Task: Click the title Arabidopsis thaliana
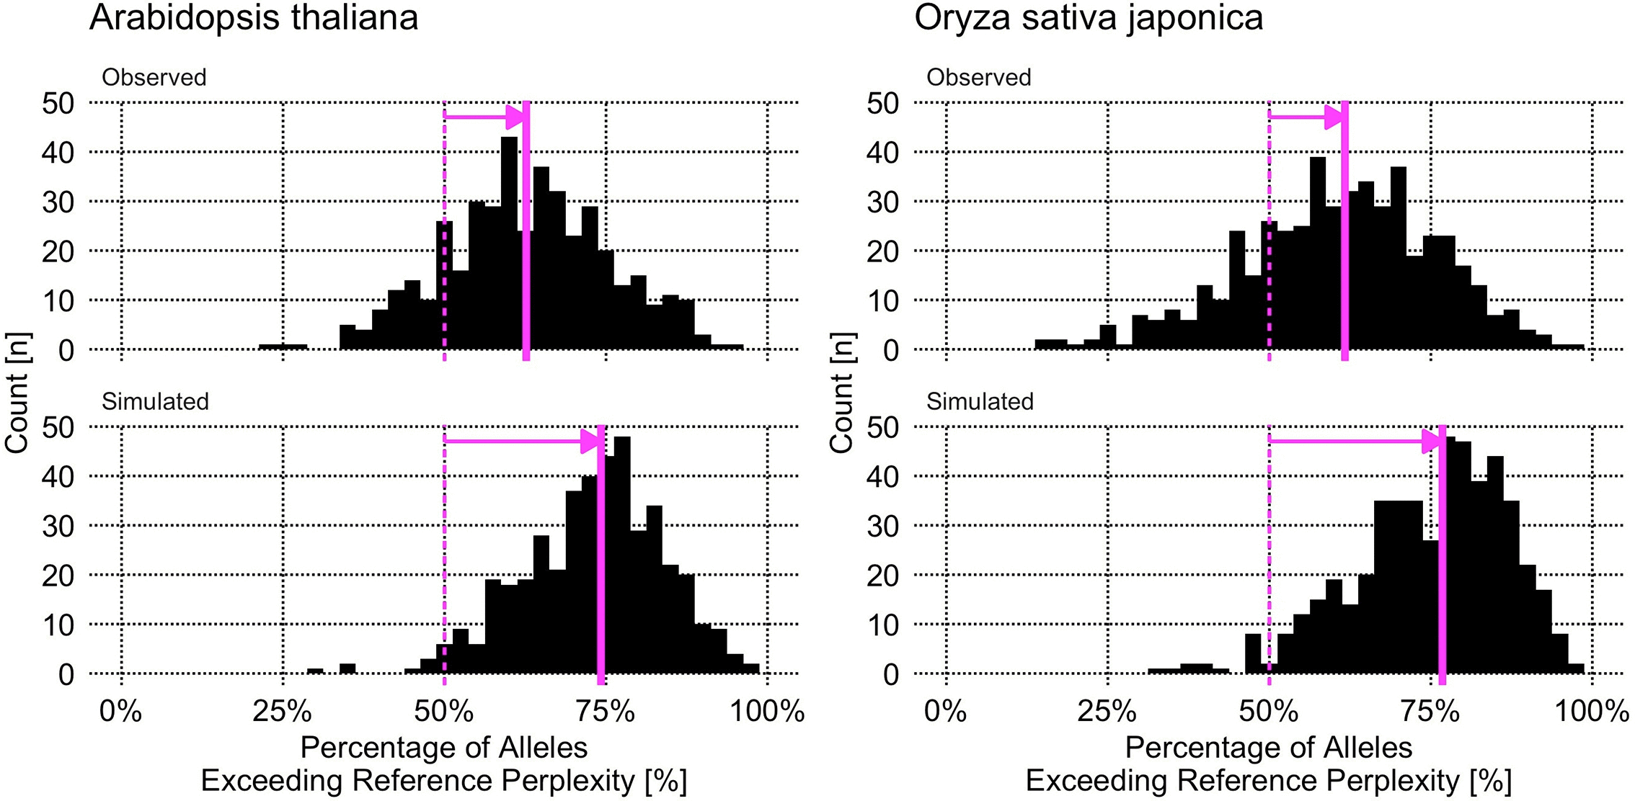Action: click(x=254, y=17)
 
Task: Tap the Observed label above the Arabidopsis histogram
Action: click(x=154, y=77)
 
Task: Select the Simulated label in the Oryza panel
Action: click(x=980, y=401)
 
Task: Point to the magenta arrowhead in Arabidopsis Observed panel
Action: click(x=515, y=117)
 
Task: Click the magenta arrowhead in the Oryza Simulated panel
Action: click(x=1430, y=441)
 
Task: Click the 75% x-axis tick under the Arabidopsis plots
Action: click(x=606, y=712)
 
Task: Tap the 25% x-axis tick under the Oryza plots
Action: click(x=1107, y=712)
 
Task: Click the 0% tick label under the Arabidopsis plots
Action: click(x=120, y=712)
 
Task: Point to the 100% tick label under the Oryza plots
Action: click(x=1592, y=712)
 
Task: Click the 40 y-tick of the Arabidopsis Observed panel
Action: click(x=58, y=153)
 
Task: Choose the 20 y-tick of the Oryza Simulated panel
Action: click(x=882, y=576)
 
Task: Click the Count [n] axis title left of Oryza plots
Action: click(x=841, y=393)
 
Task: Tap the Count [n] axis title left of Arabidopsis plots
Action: click(x=17, y=393)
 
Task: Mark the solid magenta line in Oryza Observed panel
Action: click(x=1344, y=231)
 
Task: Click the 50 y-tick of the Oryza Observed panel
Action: click(x=882, y=103)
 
